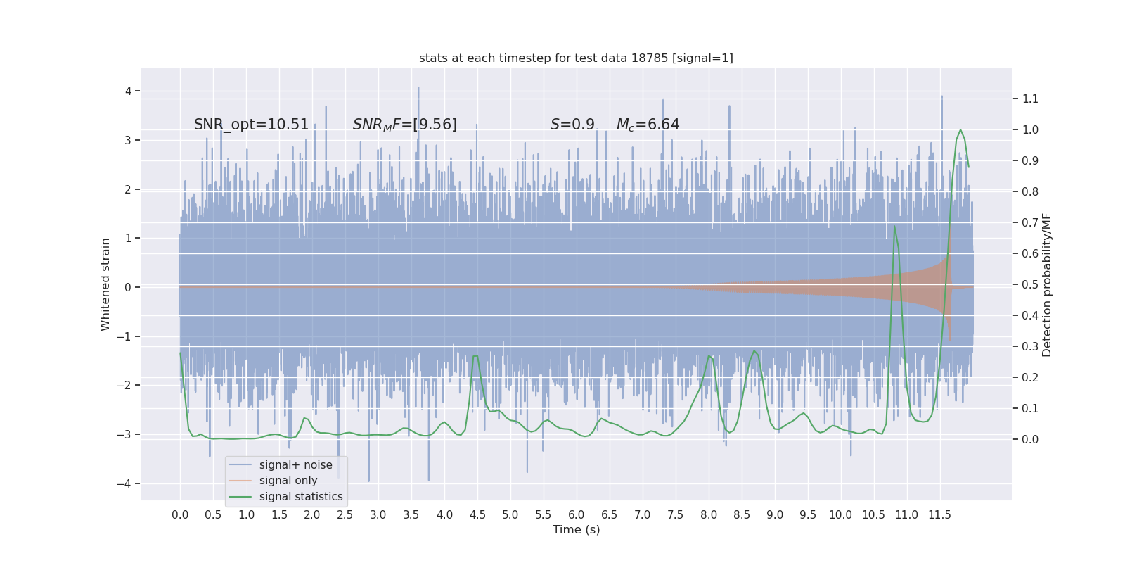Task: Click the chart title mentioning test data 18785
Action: tap(576, 58)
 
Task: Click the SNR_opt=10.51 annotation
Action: tap(251, 125)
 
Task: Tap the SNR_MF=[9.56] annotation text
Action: tap(404, 125)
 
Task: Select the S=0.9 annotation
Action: tap(572, 125)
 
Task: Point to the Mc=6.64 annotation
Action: tap(648, 125)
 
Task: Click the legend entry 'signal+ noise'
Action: tap(295, 465)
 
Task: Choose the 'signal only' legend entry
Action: tap(288, 481)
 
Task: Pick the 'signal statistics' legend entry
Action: tap(301, 497)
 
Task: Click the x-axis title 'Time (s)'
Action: tap(576, 529)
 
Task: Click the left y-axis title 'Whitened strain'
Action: tap(105, 284)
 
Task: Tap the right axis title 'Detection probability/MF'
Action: tap(1047, 284)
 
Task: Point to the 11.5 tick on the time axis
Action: tap(939, 514)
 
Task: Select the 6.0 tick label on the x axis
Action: tap(576, 514)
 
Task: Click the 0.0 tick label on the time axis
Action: tap(180, 514)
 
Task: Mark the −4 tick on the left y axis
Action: tap(127, 483)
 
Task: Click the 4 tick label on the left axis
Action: tap(129, 91)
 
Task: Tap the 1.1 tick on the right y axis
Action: tap(1030, 99)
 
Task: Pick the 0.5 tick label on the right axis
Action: tap(1030, 284)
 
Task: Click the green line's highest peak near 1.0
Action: tap(960, 129)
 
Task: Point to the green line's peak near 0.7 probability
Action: tap(895, 226)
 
